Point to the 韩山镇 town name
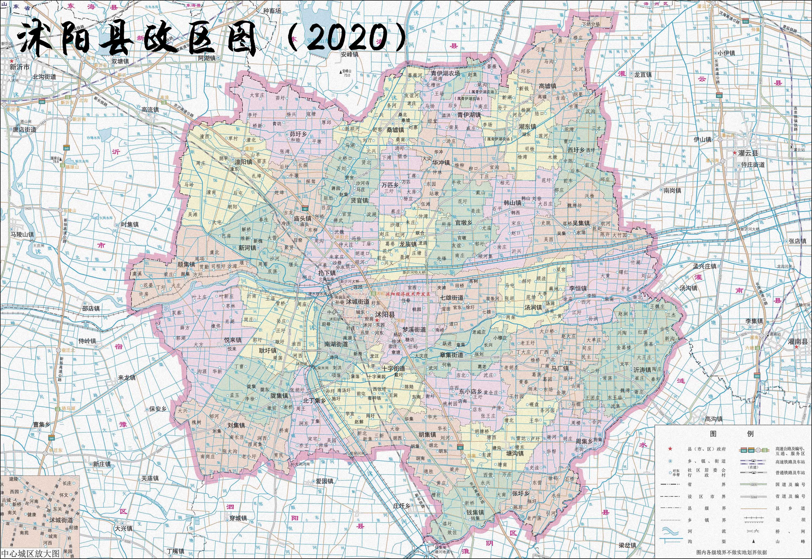512,202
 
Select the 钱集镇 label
475,512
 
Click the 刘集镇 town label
236,425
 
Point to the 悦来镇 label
233,340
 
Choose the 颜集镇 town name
186,264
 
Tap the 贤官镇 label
359,200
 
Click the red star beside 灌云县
734,153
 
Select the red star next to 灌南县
796,347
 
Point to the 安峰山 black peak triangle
340,72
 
